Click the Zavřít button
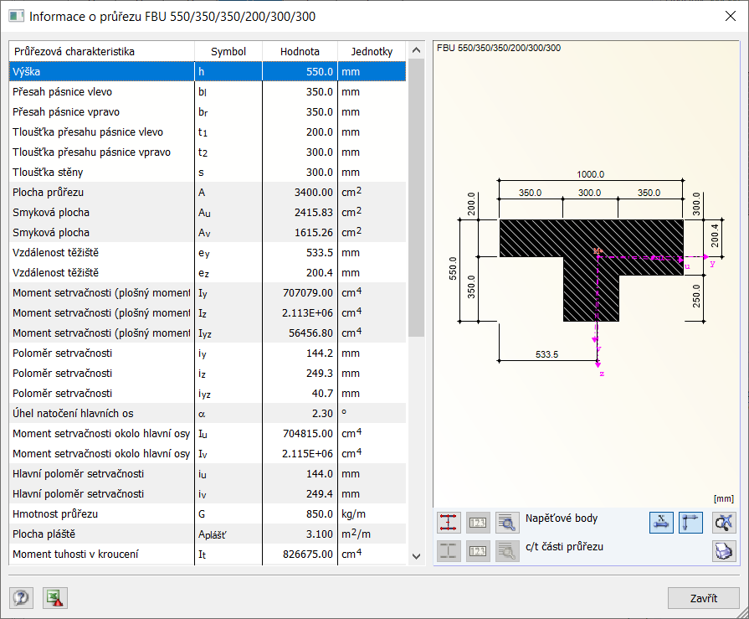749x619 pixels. click(x=703, y=598)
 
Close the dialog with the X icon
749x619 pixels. click(x=730, y=16)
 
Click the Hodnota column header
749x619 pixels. click(x=300, y=52)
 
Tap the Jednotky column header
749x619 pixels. click(x=372, y=52)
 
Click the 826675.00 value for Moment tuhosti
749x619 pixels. click(x=308, y=555)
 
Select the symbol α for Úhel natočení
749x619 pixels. click(x=202, y=414)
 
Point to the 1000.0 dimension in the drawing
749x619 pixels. click(x=591, y=174)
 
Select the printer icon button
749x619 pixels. click(x=724, y=550)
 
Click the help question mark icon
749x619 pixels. click(x=21, y=597)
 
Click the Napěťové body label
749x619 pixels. click(x=561, y=518)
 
